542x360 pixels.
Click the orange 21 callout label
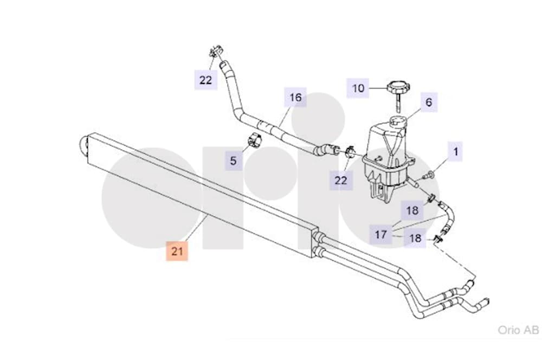pyautogui.click(x=177, y=250)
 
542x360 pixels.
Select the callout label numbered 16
pyautogui.click(x=295, y=97)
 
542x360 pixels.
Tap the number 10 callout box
pyautogui.click(x=358, y=88)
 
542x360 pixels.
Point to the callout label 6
pyautogui.click(x=429, y=102)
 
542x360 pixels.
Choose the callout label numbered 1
pyautogui.click(x=456, y=151)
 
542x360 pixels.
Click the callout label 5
pyautogui.click(x=234, y=160)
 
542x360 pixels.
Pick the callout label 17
pyautogui.click(x=380, y=234)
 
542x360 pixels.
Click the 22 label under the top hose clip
pyautogui.click(x=205, y=80)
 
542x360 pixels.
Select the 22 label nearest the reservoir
pyautogui.click(x=341, y=180)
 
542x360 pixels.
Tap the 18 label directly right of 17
pyautogui.click(x=415, y=238)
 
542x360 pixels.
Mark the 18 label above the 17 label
pyautogui.click(x=412, y=210)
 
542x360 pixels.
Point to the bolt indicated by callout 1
pyautogui.click(x=429, y=176)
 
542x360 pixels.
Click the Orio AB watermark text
pyautogui.click(x=518, y=330)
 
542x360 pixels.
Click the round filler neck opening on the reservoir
pyautogui.click(x=398, y=121)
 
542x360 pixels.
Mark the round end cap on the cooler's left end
pyautogui.click(x=83, y=146)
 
